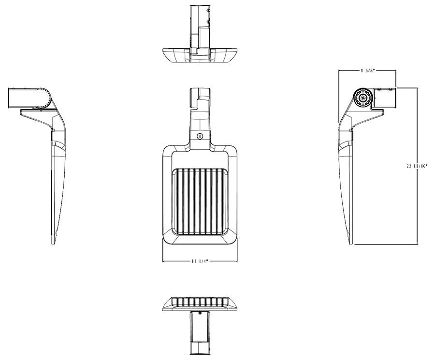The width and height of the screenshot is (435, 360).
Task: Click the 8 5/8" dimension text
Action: click(367, 71)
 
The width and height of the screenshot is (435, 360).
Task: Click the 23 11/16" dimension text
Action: click(417, 166)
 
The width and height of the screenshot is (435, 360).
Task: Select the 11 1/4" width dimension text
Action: click(200, 261)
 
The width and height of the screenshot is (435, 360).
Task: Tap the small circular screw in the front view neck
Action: click(200, 136)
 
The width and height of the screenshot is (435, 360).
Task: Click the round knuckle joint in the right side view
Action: click(362, 98)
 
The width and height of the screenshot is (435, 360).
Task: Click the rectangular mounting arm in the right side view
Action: click(384, 99)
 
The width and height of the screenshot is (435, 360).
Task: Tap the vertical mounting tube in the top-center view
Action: click(200, 24)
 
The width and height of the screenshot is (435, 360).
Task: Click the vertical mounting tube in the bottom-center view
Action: click(200, 333)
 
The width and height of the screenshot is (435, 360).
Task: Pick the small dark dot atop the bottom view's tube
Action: click(199, 313)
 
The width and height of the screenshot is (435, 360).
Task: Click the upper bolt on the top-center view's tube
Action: click(209, 8)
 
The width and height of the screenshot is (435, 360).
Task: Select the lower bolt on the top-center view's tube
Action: click(209, 22)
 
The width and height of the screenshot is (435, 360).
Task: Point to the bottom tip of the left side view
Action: click(54, 243)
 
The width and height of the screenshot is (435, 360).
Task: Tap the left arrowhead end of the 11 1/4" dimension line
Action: click(163, 261)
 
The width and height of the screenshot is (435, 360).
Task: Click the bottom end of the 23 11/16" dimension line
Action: click(418, 244)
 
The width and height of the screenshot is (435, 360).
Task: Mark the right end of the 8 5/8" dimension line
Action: click(396, 71)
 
